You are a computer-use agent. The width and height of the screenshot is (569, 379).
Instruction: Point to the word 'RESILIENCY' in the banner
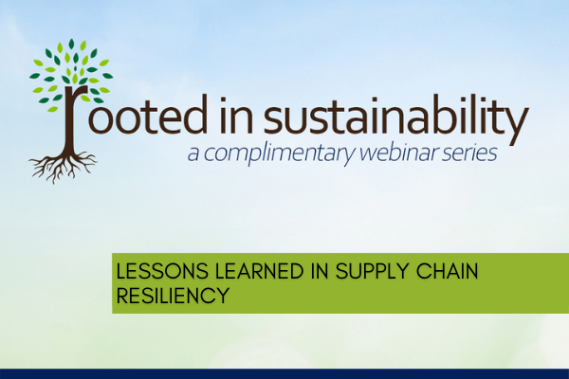(173, 296)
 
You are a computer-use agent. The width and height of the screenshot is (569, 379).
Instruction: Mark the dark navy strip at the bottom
(284, 374)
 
